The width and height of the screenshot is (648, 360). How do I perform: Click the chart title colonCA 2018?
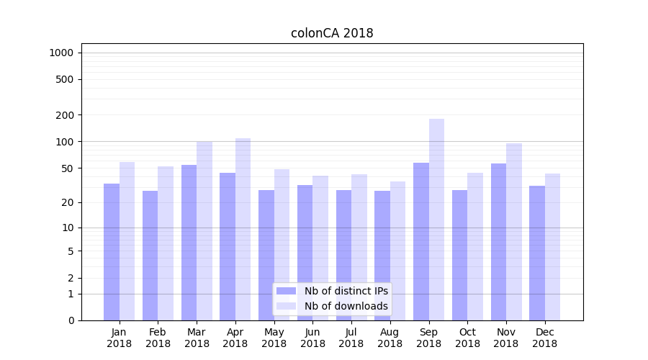coord(332,33)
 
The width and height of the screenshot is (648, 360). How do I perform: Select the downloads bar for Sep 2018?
coord(436,220)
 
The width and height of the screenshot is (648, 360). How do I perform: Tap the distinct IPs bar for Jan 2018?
coord(112,252)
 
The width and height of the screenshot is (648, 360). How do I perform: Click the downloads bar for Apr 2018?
coord(243,229)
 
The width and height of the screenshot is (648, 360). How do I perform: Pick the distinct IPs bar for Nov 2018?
coord(498,242)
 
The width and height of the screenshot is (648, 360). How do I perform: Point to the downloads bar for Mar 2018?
coord(204,230)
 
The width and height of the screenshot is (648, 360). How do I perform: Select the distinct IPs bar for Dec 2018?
coord(537,253)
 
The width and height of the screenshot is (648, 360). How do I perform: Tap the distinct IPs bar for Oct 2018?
coord(459,255)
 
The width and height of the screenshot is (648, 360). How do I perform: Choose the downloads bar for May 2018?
coord(282,245)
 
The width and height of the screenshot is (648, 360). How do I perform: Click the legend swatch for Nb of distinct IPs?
coord(287,291)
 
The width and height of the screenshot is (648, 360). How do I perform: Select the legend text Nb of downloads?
coord(346,306)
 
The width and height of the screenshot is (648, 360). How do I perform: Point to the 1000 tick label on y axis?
coord(61,53)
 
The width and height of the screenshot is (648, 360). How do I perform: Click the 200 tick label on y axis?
coord(65,115)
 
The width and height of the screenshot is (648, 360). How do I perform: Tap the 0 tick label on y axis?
coord(71,320)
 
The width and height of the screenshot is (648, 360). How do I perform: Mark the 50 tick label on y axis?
coord(67,168)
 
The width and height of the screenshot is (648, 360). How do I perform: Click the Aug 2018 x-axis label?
coord(390,338)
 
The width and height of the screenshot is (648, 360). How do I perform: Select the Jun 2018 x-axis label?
coord(312,338)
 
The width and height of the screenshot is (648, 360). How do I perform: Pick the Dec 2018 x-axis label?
coord(545,338)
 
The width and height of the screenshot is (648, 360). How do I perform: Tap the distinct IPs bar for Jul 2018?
coord(343,255)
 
